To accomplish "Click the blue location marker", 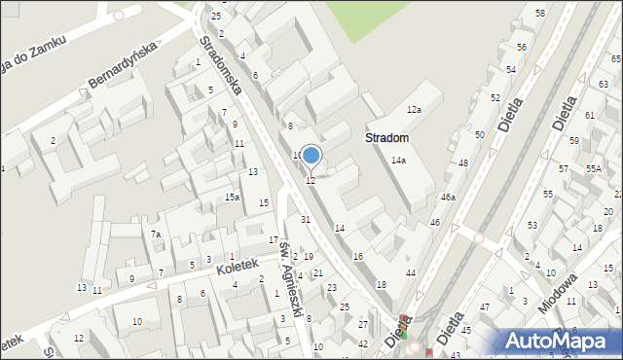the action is click(x=311, y=155).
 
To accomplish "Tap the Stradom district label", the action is click(x=386, y=139).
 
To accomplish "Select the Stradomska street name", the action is click(x=221, y=68).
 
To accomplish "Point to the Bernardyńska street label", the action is click(x=122, y=65).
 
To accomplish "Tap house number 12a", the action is click(x=414, y=110).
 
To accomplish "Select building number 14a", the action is click(x=398, y=161).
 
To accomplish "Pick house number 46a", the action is click(x=448, y=198).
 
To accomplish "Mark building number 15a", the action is click(x=232, y=198).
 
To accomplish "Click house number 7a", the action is click(x=156, y=234).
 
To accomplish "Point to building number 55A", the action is click(x=593, y=168).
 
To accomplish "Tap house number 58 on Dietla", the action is click(x=540, y=13).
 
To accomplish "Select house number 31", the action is click(x=306, y=220).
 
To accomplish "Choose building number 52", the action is click(x=495, y=98).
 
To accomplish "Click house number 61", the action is click(x=590, y=115).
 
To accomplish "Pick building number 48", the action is click(x=463, y=162).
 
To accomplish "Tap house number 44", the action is click(x=411, y=273).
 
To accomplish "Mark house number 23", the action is click(x=332, y=287).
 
